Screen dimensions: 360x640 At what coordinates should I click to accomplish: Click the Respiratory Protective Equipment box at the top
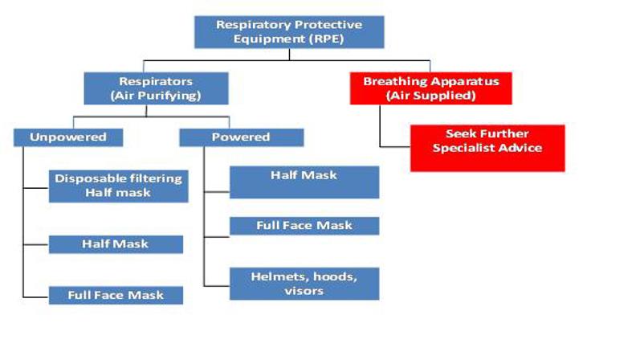click(x=289, y=32)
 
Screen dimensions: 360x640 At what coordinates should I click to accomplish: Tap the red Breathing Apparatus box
click(x=431, y=88)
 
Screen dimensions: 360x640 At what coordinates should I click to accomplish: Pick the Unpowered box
click(x=68, y=137)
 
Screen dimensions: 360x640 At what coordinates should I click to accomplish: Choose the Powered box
click(x=241, y=137)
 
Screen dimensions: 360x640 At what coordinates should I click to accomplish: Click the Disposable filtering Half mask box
click(x=118, y=186)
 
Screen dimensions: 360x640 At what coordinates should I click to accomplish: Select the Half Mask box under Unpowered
click(x=116, y=244)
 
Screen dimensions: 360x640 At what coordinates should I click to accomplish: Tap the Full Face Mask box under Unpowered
click(x=116, y=295)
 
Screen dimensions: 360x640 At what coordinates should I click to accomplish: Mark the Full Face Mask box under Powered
click(x=304, y=226)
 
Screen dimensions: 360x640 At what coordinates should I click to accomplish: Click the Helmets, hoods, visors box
click(x=304, y=284)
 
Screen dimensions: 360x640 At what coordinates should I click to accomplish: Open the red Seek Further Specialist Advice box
click(x=487, y=148)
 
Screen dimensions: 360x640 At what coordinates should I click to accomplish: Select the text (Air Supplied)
click(x=431, y=96)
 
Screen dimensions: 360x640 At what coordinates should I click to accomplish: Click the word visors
click(x=304, y=291)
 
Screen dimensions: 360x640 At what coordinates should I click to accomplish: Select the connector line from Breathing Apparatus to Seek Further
click(x=381, y=129)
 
